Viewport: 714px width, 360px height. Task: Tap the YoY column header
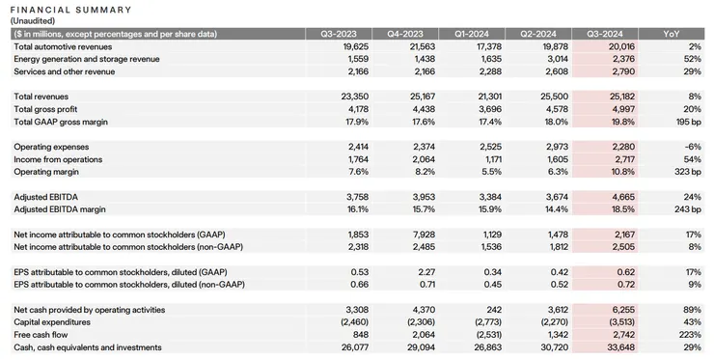(x=672, y=34)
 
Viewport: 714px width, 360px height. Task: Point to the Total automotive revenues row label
(x=61, y=46)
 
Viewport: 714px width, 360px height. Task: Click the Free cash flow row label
(x=41, y=335)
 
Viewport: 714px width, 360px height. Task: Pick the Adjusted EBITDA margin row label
(x=60, y=208)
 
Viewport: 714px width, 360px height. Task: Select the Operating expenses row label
(x=50, y=147)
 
